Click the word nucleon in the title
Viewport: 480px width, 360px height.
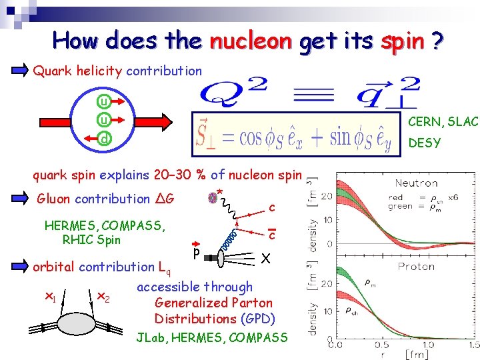click(x=250, y=41)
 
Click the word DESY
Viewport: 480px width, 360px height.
click(x=424, y=143)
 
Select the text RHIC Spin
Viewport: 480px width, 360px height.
click(x=91, y=240)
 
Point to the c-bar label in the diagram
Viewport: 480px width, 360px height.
click(x=272, y=233)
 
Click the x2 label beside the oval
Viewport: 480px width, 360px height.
click(x=103, y=296)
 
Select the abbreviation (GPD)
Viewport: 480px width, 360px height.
click(x=257, y=319)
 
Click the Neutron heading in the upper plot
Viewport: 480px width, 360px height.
click(x=416, y=183)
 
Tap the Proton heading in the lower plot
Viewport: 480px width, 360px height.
click(x=417, y=266)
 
